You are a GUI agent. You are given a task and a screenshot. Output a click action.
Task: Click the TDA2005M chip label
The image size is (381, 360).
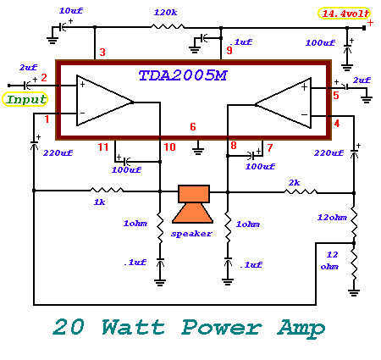pos(183,75)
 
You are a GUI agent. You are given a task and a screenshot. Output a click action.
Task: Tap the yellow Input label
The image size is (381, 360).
pos(25,99)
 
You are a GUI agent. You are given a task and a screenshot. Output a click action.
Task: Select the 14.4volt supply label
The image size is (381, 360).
pos(344,14)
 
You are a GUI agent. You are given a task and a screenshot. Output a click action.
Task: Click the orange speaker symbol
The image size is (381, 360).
pos(193,204)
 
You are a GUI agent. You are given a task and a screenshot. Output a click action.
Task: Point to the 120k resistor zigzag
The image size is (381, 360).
pos(168,27)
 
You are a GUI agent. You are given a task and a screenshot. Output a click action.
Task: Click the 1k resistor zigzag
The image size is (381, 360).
pos(107,191)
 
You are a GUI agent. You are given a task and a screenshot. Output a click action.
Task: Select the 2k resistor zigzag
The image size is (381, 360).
pos(301,192)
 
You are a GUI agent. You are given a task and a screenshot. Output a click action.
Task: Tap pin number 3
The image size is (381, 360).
pos(102,53)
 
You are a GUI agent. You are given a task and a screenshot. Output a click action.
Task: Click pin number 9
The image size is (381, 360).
pos(229,50)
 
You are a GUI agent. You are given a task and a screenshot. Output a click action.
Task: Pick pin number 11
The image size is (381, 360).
pos(103,147)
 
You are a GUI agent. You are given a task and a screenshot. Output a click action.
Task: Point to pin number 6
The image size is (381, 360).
pos(193,127)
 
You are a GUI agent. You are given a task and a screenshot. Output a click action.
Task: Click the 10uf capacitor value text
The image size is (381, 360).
pos(71,11)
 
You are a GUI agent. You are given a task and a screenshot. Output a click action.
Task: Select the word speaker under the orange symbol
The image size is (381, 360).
pos(191,234)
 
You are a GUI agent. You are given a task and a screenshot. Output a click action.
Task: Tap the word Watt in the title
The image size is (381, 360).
pos(133,328)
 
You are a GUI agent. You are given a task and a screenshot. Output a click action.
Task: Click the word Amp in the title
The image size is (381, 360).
pos(301,329)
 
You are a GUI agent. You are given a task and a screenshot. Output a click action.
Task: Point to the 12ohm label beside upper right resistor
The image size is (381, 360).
pos(332,218)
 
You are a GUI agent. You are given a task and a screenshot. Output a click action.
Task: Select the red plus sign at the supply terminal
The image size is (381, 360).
pos(370,23)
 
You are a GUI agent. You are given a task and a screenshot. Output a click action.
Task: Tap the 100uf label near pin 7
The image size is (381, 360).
pos(260,167)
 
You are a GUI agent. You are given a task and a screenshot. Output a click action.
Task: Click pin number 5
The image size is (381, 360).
pos(336,96)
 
